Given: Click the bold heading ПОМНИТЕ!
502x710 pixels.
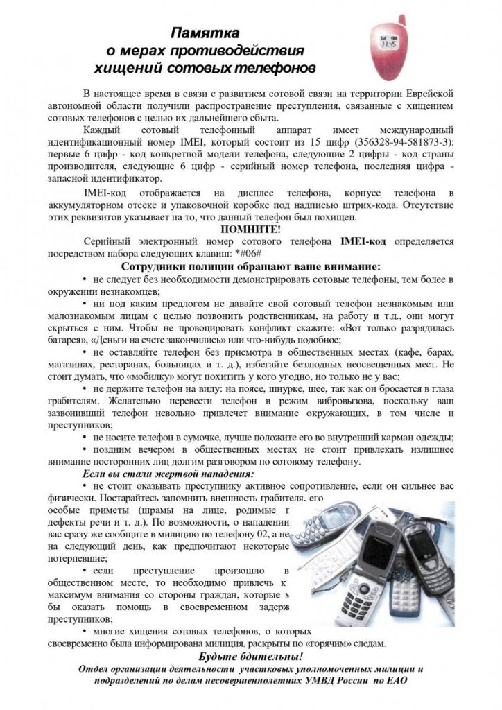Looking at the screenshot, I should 250,230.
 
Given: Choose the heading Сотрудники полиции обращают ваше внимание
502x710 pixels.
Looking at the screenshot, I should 250,266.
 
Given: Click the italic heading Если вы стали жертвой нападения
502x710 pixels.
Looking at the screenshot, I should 164,474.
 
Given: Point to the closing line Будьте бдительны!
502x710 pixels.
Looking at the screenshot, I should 250,656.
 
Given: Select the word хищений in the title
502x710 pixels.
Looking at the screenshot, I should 129,69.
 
